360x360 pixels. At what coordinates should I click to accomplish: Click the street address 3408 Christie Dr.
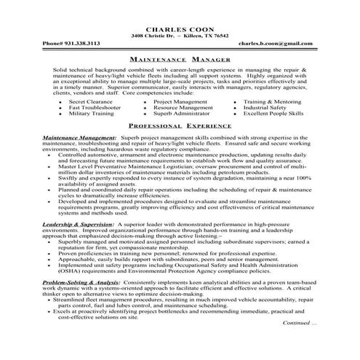point(151,36)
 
